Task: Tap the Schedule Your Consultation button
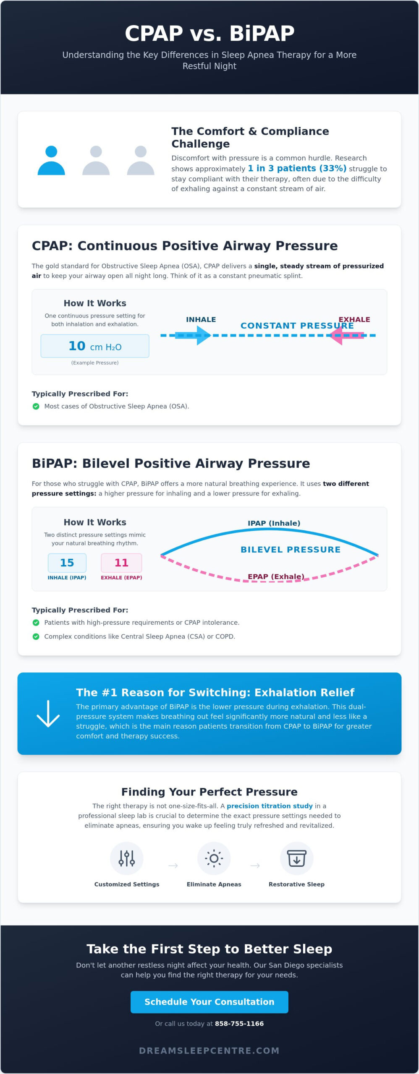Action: pos(209,1002)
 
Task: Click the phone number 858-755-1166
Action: pos(239,1024)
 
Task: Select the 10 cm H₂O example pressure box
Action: pos(95,346)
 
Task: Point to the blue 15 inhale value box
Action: pos(67,563)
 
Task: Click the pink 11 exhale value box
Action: pos(121,563)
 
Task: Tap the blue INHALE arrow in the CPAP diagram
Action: pos(193,335)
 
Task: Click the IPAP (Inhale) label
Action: pos(274,523)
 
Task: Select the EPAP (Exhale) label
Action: pos(276,576)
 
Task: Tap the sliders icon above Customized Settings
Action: pos(126,858)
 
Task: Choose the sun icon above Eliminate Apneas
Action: pos(214,858)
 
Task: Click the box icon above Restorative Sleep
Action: pos(296,858)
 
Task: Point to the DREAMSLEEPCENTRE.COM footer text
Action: pos(209,1051)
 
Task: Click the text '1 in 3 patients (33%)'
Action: pos(297,168)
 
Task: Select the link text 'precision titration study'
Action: pos(270,806)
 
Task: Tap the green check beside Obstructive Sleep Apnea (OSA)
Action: pos(36,406)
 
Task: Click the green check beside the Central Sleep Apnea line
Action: pos(36,636)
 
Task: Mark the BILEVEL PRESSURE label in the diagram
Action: pos(291,550)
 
